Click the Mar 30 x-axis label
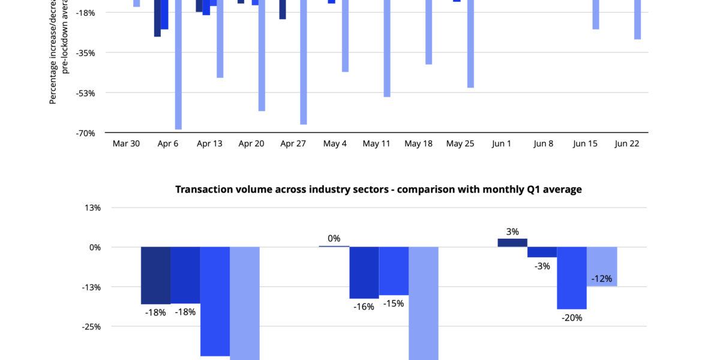(126, 144)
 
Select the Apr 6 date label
(167, 144)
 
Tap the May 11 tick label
(376, 144)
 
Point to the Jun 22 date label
(627, 144)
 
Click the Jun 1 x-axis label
(502, 144)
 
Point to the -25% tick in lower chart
(92, 326)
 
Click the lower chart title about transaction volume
(379, 190)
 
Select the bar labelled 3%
(512, 242)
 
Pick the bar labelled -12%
(602, 266)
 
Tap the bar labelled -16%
(364, 272)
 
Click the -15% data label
(394, 304)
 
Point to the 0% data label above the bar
(334, 238)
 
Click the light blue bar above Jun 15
(596, 14)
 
